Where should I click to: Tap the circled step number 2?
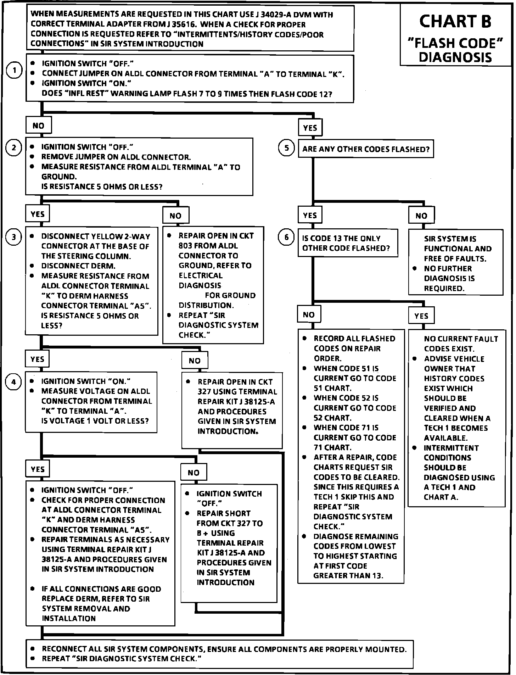(14, 147)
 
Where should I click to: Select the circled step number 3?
(14, 237)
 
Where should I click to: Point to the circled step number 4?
(14, 382)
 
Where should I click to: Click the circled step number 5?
(287, 148)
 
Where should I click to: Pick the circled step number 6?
(287, 237)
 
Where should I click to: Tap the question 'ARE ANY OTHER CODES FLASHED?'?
(366, 149)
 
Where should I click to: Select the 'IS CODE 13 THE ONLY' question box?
(347, 243)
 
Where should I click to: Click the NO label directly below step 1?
(38, 125)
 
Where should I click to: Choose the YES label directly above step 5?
(310, 128)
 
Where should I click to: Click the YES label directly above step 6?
(310, 216)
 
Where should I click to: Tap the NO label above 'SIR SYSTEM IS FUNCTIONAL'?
(421, 216)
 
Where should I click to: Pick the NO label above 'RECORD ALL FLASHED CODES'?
(309, 315)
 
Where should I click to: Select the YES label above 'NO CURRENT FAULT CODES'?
(421, 316)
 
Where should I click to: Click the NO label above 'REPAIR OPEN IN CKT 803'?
(175, 216)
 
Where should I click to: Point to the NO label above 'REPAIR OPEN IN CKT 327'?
(195, 361)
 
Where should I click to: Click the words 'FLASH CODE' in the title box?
(456, 44)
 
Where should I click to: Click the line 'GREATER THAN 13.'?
(348, 575)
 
